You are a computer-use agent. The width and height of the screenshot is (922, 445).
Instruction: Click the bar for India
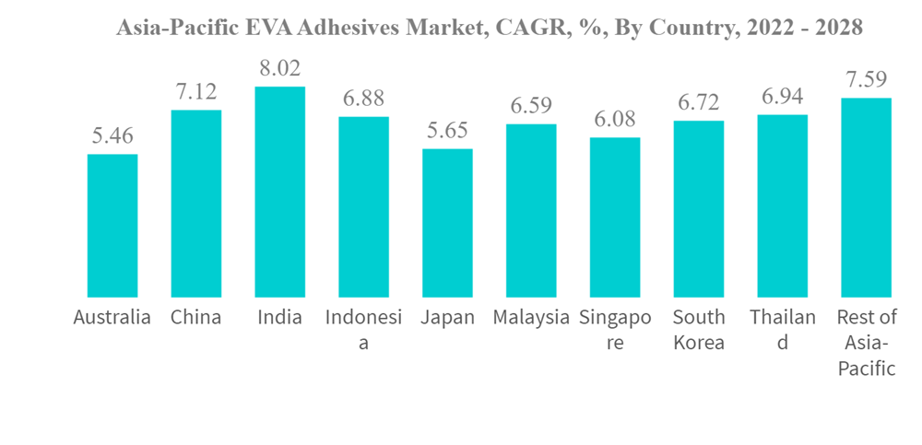pyautogui.click(x=279, y=192)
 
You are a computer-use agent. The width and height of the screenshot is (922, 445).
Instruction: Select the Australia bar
pyautogui.click(x=112, y=225)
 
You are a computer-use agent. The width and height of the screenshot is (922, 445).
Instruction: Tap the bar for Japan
pyautogui.click(x=447, y=222)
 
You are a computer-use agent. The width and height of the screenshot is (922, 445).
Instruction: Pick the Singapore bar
pyautogui.click(x=615, y=217)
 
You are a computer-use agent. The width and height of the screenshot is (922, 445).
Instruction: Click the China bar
pyautogui.click(x=195, y=203)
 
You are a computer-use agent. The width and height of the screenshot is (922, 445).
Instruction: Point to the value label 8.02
pyautogui.click(x=279, y=69)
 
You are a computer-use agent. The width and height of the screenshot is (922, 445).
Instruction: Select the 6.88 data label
pyautogui.click(x=363, y=99)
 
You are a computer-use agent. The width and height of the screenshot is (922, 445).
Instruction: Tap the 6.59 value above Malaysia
pyautogui.click(x=531, y=106)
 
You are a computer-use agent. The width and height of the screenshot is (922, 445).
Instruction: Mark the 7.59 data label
pyautogui.click(x=866, y=80)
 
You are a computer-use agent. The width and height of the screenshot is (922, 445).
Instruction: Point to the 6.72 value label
pyautogui.click(x=698, y=103)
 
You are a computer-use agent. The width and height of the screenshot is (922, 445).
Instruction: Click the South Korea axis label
pyautogui.click(x=698, y=330)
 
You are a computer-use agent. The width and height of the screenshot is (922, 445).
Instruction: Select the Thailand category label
pyautogui.click(x=782, y=330)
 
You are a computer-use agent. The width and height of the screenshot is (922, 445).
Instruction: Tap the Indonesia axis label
pyautogui.click(x=363, y=330)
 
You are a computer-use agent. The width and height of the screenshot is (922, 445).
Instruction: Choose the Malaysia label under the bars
pyautogui.click(x=531, y=318)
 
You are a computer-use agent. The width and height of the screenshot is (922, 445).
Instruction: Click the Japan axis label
pyautogui.click(x=447, y=318)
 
